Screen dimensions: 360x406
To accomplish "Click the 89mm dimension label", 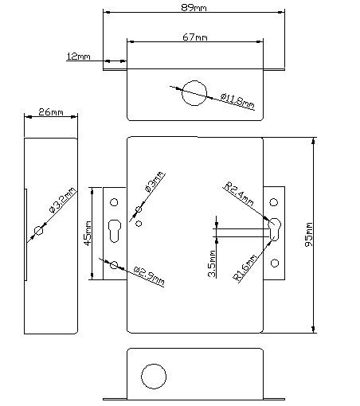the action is [x=194, y=7].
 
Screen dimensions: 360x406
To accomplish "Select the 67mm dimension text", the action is [x=195, y=37].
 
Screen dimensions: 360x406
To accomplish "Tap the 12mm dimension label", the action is [x=78, y=57].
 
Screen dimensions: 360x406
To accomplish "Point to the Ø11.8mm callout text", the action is [x=237, y=101].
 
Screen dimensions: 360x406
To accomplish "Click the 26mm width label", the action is [x=51, y=112].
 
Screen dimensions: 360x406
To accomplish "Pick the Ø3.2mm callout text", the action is [x=63, y=200].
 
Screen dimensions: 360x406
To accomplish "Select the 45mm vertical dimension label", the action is [x=88, y=233].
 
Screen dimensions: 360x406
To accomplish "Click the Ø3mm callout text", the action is [x=155, y=182].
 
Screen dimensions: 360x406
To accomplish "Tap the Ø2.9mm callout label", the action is [x=149, y=275].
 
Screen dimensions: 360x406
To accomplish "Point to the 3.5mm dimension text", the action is [x=212, y=264].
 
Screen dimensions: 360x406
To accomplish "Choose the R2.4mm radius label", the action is [x=239, y=194].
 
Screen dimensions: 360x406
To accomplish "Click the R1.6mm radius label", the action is [x=245, y=267].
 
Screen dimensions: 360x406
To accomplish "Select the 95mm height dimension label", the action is [x=309, y=235].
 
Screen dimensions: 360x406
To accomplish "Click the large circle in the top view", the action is [x=194, y=93].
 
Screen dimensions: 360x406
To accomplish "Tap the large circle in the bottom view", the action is [x=154, y=377].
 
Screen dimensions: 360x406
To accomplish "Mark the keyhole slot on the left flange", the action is [x=115, y=231].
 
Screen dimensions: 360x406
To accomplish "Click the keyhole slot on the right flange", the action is [x=274, y=229].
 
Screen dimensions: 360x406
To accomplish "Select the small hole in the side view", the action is [x=39, y=230].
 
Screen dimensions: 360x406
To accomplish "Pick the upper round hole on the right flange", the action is [x=274, y=202].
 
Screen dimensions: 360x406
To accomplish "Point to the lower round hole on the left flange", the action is [x=114, y=265].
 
